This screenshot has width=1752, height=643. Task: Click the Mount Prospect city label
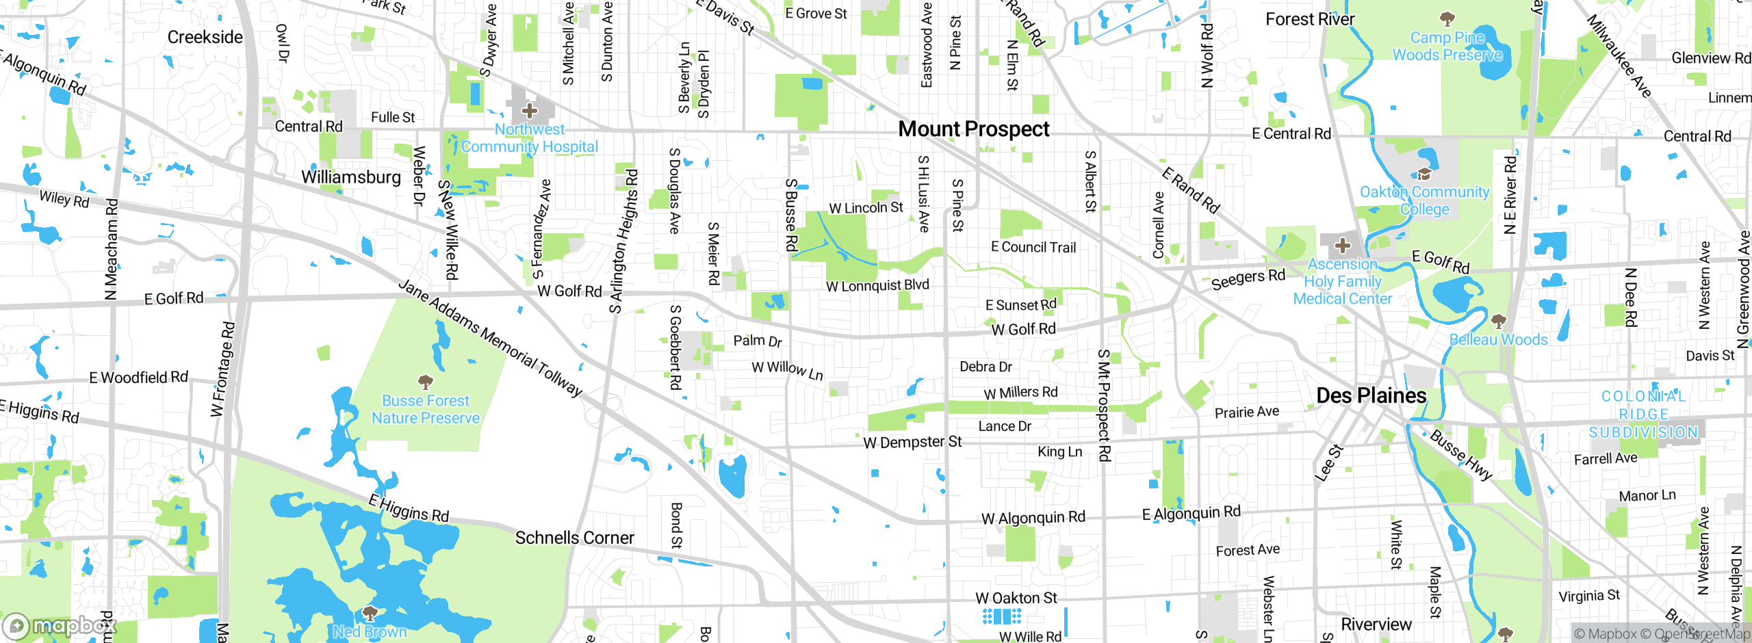(973, 129)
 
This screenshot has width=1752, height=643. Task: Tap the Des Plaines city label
(1371, 396)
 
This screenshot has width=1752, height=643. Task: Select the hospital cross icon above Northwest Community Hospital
(529, 110)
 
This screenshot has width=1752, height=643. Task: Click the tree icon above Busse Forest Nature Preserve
(425, 382)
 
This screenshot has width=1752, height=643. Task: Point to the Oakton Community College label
(1424, 200)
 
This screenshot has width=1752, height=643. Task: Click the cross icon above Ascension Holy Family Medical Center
(1342, 246)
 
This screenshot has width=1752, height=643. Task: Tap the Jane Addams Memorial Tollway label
(490, 338)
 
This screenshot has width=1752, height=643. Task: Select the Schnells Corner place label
(574, 538)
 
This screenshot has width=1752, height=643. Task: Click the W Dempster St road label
(912, 443)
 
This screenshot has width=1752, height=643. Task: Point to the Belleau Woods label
(1498, 340)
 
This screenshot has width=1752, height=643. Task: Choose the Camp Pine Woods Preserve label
(1447, 47)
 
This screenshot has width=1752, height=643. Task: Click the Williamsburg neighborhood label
(351, 178)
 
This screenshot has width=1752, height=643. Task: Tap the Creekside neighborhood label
(205, 38)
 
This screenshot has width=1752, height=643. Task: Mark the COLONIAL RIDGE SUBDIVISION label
(1643, 415)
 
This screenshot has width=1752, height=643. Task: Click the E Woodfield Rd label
(138, 378)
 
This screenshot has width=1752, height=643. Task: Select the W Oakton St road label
(1016, 599)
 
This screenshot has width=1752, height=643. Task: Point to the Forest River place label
(1309, 20)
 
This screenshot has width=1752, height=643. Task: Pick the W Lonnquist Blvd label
(877, 285)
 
